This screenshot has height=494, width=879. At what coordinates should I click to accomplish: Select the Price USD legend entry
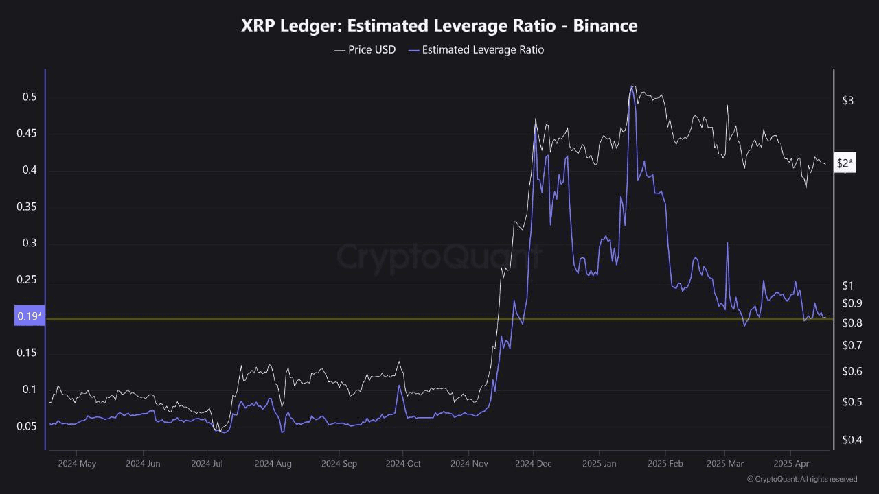pos(365,49)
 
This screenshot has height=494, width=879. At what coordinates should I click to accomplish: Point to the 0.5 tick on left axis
pos(29,97)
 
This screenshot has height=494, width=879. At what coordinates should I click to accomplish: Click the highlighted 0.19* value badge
pos(30,316)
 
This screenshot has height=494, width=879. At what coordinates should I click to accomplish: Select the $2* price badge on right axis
pos(845,163)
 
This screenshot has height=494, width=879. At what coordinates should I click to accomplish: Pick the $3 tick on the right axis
pos(848,101)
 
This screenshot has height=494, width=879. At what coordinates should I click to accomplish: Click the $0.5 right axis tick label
pos(852,401)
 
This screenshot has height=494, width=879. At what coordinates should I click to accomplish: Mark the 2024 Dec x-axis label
pos(534,464)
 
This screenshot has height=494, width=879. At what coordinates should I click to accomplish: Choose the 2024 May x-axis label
pos(77,464)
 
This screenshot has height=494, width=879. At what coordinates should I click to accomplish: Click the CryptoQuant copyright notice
pos(801,479)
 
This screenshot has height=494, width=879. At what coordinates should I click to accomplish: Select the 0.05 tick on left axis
pos(26,426)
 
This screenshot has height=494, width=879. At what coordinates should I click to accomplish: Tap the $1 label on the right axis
pos(848,285)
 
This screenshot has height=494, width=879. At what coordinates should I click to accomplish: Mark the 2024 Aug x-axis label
pos(273,464)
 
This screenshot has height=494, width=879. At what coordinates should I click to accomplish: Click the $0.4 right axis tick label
pos(852,439)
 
